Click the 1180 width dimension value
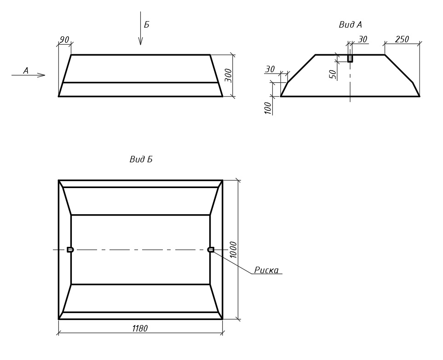pos(140,328)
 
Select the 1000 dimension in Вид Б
pos(233,250)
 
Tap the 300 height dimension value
pos(228,75)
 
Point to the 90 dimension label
pos(64,40)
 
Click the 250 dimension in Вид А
pos(402,39)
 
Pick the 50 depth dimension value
pos(334,74)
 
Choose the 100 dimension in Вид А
pos(268,108)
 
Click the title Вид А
pos(351,25)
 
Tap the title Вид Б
pos(141,160)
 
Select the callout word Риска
pos(266,270)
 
